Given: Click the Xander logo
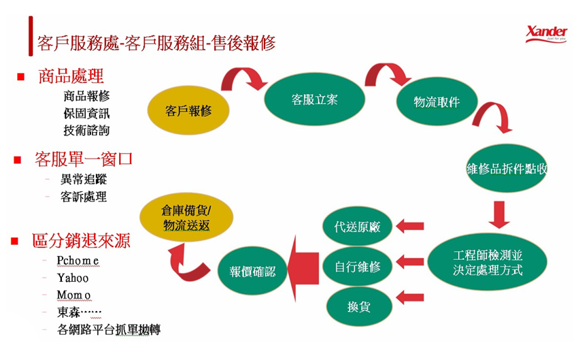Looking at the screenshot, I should tap(547, 33).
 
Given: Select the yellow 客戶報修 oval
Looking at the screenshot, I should tap(188, 110).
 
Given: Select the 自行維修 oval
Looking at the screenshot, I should tap(358, 266).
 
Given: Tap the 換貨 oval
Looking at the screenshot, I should tap(357, 307).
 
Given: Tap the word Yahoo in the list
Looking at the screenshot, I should tap(73, 278).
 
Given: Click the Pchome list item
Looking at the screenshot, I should tap(79, 261).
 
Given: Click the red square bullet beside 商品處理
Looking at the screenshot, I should tap(21, 76).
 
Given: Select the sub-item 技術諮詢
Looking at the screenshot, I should tap(86, 130).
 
